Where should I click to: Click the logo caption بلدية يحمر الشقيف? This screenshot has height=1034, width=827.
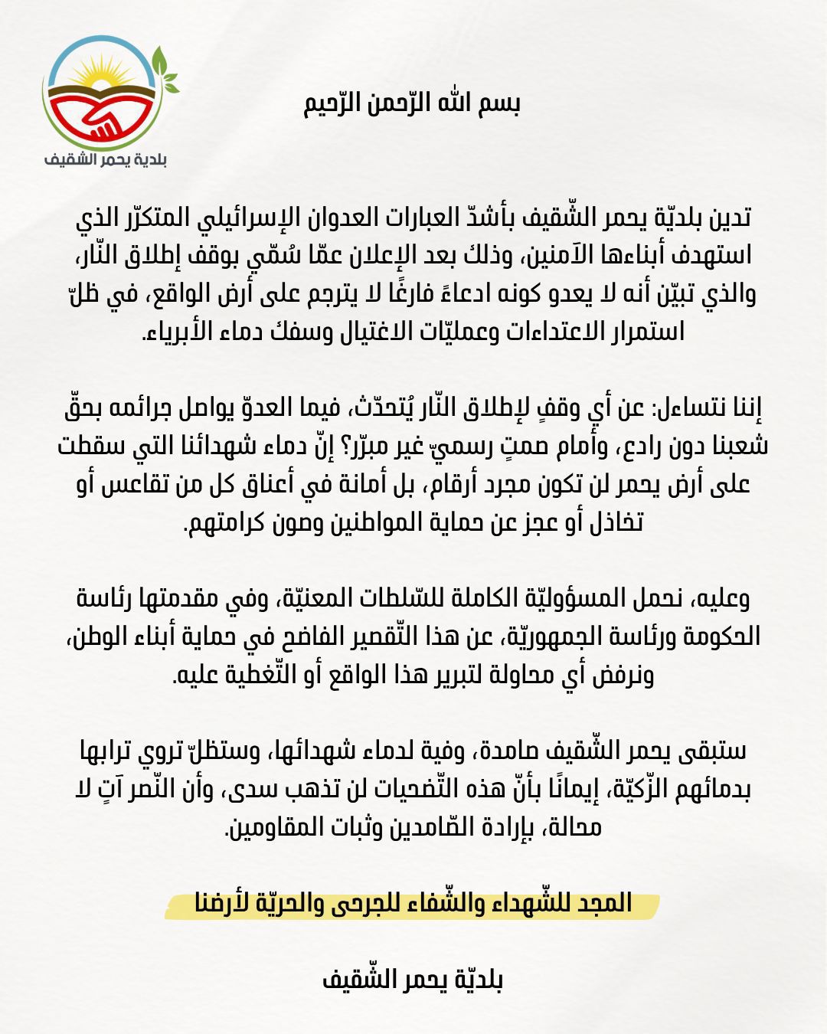(x=106, y=159)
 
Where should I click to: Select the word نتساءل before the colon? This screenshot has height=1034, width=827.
(x=696, y=408)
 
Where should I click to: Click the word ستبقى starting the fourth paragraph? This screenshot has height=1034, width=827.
(x=713, y=751)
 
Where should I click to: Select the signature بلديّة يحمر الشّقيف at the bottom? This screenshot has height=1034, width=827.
(x=413, y=980)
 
